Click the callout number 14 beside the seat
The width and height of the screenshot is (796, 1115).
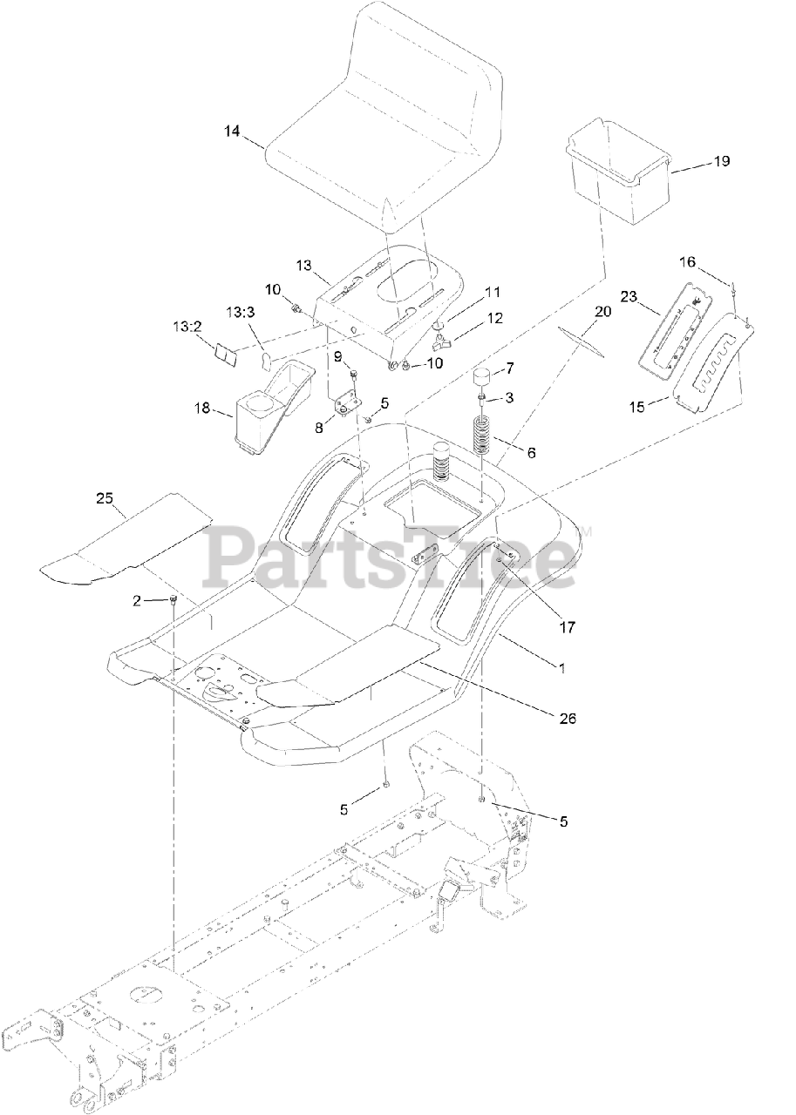pyautogui.click(x=231, y=131)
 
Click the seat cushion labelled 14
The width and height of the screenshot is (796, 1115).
pyautogui.click(x=384, y=122)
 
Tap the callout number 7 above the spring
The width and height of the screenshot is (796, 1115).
pyautogui.click(x=510, y=368)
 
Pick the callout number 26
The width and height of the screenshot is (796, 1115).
pyautogui.click(x=568, y=718)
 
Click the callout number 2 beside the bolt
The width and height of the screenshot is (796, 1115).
pyautogui.click(x=137, y=600)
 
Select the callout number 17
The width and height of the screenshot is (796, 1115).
pyautogui.click(x=568, y=625)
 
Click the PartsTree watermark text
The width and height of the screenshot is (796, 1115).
pyautogui.click(x=392, y=557)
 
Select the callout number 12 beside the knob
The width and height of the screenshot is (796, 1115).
pyautogui.click(x=494, y=319)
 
